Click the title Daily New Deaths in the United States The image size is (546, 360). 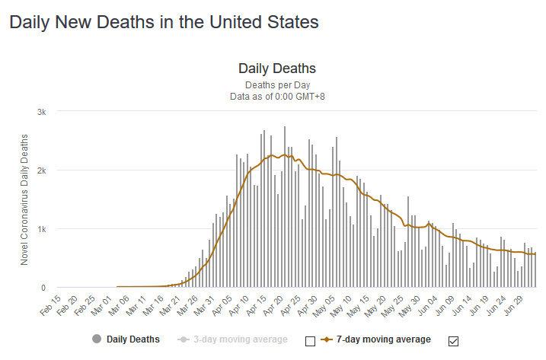pyautogui.click(x=164, y=23)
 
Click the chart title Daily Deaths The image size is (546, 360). pyautogui.click(x=277, y=69)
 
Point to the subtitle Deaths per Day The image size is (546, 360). pyautogui.click(x=277, y=84)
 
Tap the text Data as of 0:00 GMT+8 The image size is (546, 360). pyautogui.click(x=277, y=97)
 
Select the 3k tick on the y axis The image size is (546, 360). pyautogui.click(x=42, y=112)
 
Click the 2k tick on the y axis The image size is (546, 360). pyautogui.click(x=42, y=170)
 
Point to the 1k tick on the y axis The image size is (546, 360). pyautogui.click(x=42, y=229)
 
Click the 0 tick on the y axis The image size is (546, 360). pyautogui.click(x=44, y=288)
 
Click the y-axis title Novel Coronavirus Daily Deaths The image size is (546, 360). pyautogui.click(x=25, y=199)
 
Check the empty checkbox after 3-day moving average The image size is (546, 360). pyautogui.click(x=310, y=340)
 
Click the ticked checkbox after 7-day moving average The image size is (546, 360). pyautogui.click(x=453, y=340)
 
